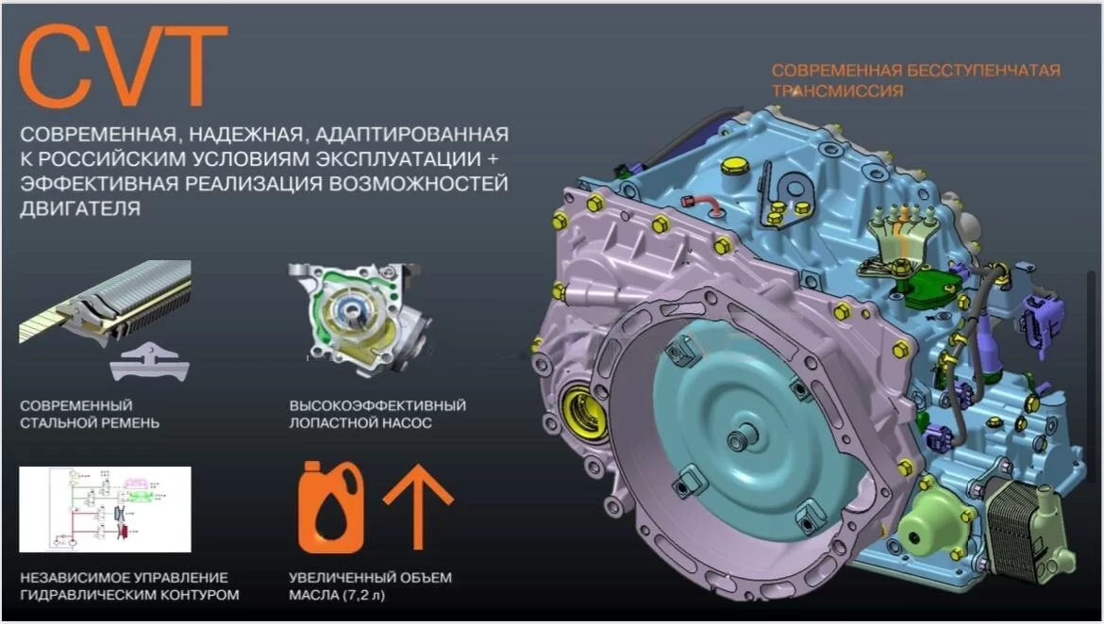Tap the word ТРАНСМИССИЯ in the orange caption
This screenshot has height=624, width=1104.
click(x=837, y=90)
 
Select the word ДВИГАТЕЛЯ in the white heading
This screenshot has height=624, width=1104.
click(x=80, y=209)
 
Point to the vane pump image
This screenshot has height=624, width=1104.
click(x=360, y=318)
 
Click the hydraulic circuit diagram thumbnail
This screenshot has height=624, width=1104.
click(x=105, y=509)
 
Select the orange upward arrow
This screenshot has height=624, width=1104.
click(x=418, y=506)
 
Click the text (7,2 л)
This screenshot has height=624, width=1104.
click(x=364, y=595)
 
